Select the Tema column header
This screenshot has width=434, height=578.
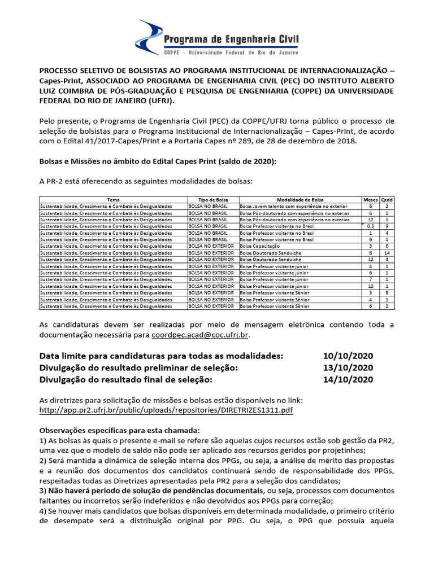[x=113, y=200]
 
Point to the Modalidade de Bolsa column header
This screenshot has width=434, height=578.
[x=300, y=200]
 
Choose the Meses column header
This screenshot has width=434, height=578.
[x=370, y=200]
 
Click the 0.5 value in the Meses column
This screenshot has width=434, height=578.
[x=370, y=226]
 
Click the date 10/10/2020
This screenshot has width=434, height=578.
[x=348, y=356]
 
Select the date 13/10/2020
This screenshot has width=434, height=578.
[x=348, y=367]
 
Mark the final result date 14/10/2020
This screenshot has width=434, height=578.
[x=348, y=380]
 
